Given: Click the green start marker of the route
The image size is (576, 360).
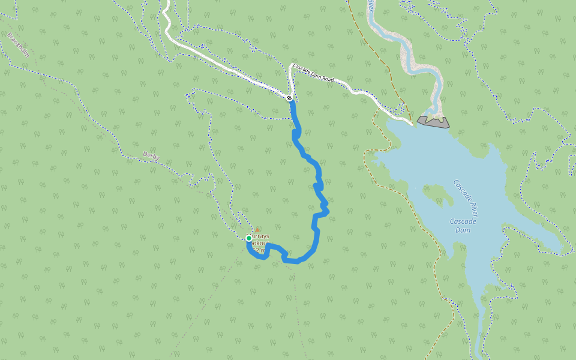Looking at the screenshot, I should [249, 238].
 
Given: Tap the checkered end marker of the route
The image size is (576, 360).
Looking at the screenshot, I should [290, 98].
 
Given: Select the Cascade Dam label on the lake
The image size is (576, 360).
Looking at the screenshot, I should [463, 226].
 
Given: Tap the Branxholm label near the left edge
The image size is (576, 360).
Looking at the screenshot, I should [17, 45].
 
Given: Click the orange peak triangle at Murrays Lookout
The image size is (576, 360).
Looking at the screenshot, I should [257, 230].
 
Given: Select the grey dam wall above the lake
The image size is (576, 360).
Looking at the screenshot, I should [434, 122].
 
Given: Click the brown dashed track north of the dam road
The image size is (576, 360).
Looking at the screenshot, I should [372, 42].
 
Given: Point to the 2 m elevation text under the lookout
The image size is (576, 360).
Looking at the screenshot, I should [257, 250].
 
